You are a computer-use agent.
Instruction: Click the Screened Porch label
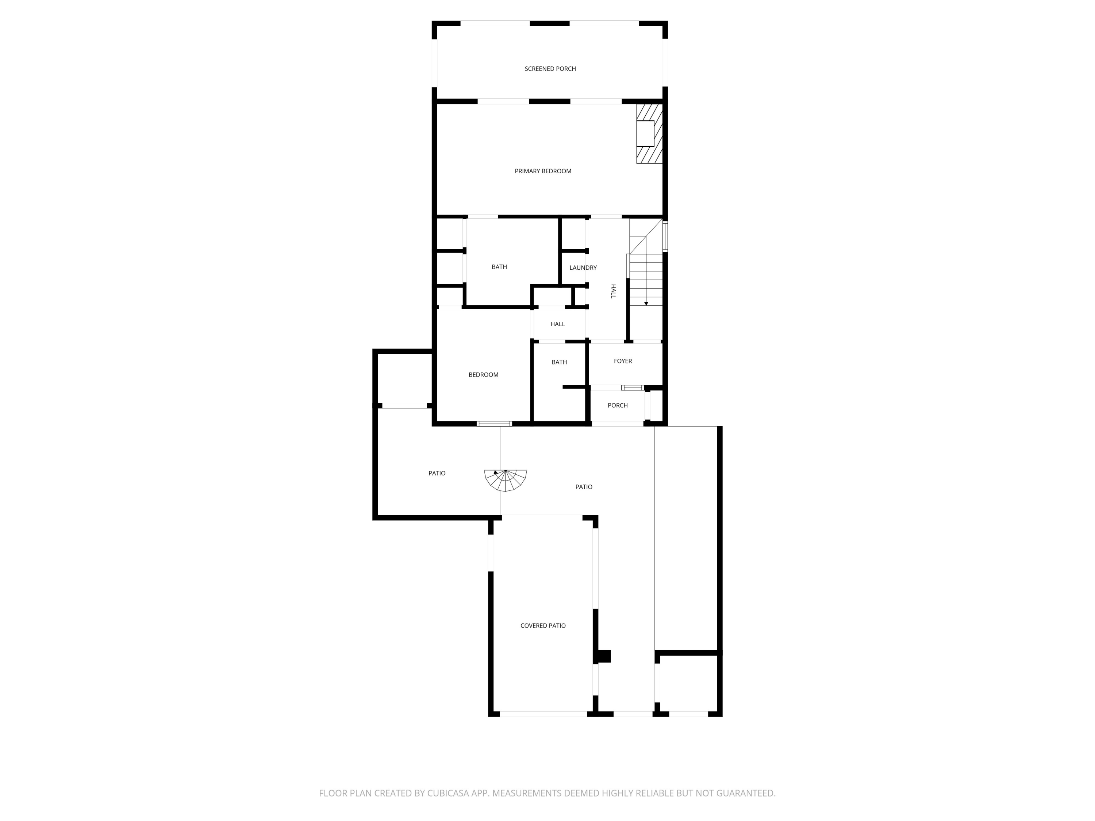tap(550, 69)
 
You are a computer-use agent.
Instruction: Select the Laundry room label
tap(583, 268)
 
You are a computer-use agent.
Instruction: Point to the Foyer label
tap(623, 361)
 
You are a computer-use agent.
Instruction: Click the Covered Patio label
tap(542, 625)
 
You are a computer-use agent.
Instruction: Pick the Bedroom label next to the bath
tap(483, 375)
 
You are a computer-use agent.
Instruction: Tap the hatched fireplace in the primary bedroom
tap(649, 134)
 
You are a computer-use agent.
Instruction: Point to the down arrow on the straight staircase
tap(646, 303)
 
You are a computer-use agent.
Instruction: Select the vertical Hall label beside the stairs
tap(613, 291)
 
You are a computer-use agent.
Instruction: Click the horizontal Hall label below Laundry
tap(557, 324)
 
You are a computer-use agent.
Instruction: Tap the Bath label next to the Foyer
tap(559, 362)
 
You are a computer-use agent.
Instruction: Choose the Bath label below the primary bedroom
tap(499, 267)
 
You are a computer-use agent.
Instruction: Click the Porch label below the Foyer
tap(617, 405)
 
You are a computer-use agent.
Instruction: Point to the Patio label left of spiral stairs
tap(437, 474)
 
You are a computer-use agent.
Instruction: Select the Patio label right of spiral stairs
tap(584, 487)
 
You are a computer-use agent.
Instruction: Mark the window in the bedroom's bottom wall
tap(494, 424)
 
